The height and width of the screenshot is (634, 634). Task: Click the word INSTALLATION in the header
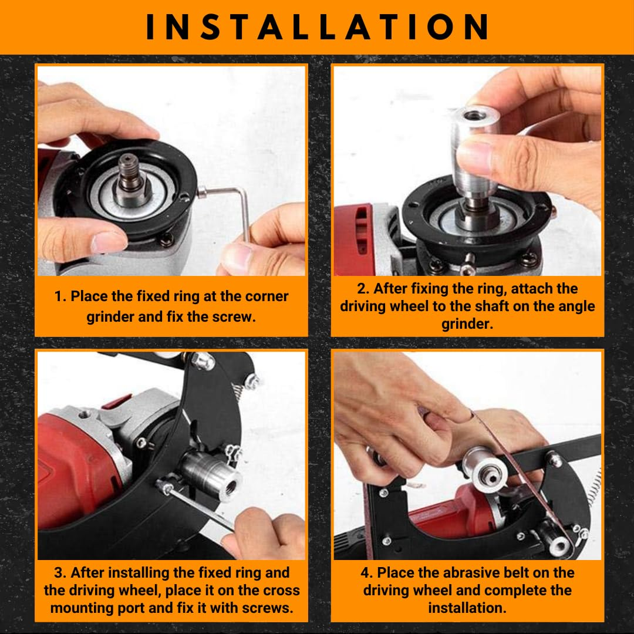317,26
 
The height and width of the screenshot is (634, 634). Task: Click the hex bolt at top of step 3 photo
203,361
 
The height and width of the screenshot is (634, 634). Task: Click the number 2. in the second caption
363,289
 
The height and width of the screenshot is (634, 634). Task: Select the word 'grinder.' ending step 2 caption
467,324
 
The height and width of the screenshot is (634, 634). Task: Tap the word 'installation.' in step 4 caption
467,608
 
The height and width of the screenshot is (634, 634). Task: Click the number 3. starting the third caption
60,573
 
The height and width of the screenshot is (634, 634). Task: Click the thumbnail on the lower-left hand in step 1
109,242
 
